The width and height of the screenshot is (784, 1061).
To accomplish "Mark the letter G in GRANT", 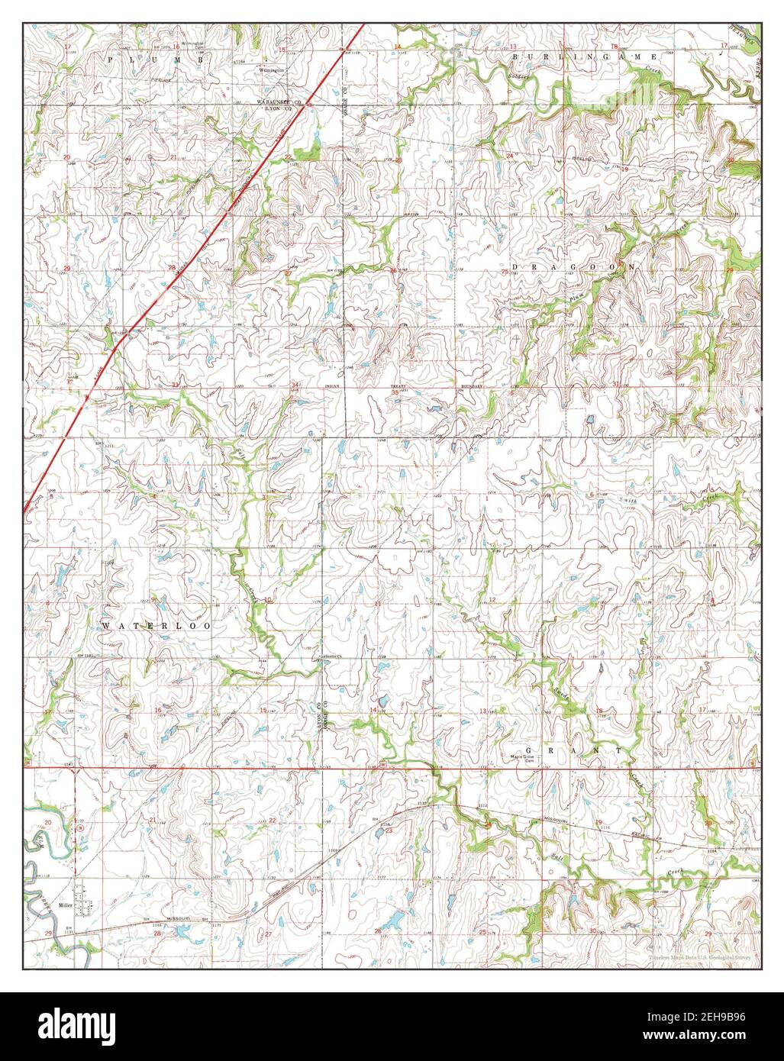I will pyautogui.click(x=549, y=751).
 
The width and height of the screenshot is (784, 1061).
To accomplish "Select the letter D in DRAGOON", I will pyautogui.click(x=515, y=266).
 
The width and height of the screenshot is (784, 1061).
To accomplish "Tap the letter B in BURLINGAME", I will pyautogui.click(x=516, y=57).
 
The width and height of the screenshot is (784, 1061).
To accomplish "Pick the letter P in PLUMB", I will pyautogui.click(x=111, y=58).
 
